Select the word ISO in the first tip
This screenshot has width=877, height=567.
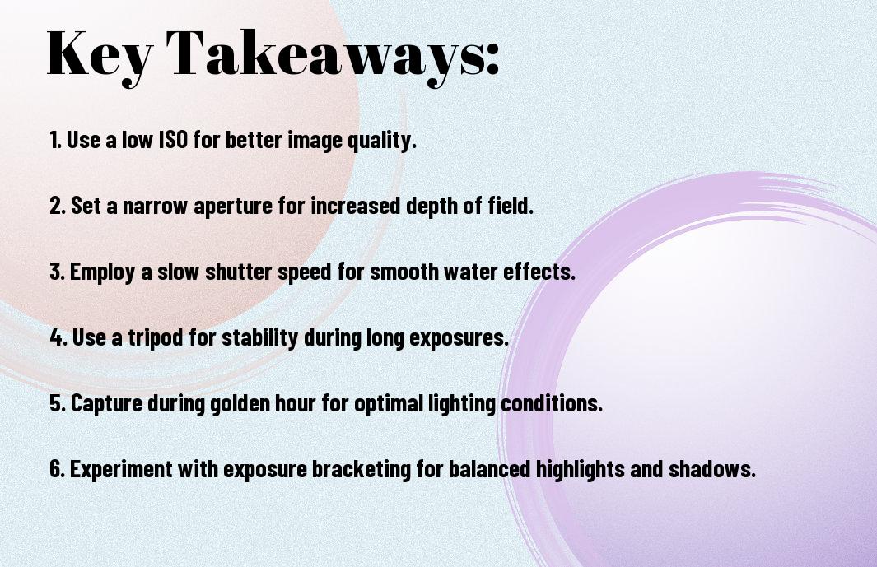[x=174, y=139]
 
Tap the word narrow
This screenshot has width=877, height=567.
[x=154, y=206]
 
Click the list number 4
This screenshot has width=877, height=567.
[x=57, y=337]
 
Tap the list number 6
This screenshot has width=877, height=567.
[x=57, y=468]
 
